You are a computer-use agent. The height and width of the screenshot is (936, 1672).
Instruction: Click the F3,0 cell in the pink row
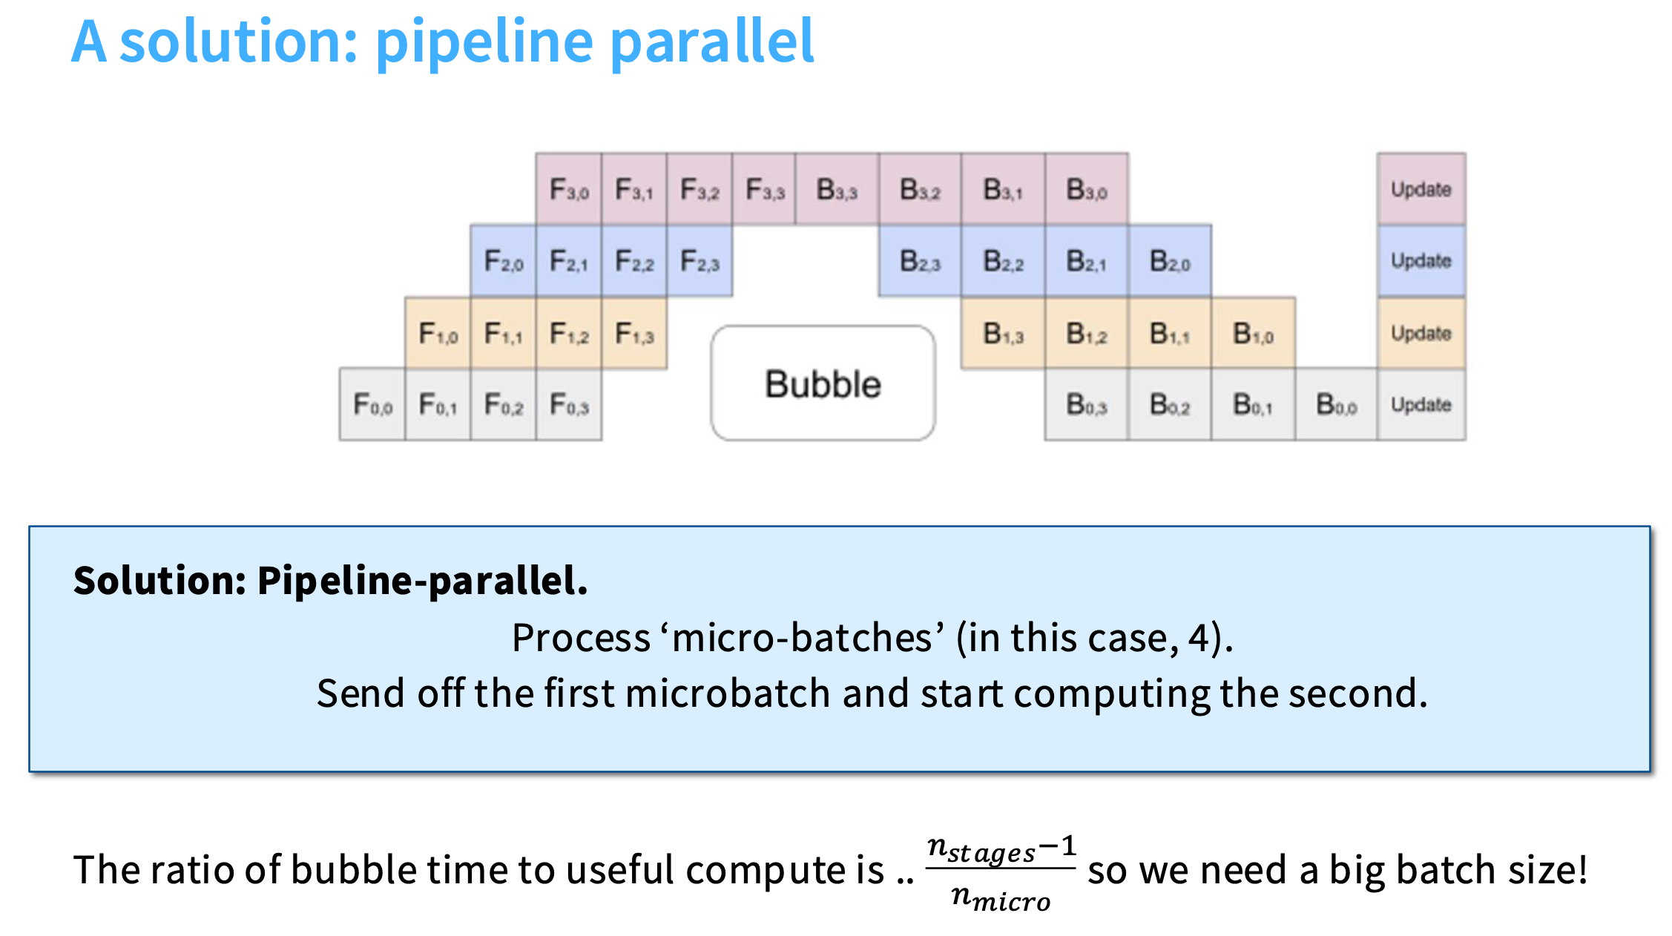point(569,189)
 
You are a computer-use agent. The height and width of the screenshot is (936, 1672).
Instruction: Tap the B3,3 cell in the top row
point(837,189)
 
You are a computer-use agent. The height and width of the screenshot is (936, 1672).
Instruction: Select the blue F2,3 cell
point(700,261)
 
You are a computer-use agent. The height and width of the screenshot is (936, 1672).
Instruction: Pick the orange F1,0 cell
point(438,333)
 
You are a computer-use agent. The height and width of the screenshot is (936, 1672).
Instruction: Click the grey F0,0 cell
point(372,405)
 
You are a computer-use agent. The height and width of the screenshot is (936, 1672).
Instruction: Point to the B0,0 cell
point(1337,405)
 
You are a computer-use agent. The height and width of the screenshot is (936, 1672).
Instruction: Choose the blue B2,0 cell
point(1170,261)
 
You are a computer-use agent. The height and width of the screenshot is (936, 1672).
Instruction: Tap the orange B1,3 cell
point(1003,333)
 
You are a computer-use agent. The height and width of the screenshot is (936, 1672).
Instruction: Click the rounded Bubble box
point(823,383)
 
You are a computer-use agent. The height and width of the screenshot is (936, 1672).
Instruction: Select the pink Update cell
point(1421,189)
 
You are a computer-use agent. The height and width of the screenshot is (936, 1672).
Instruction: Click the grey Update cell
point(1421,405)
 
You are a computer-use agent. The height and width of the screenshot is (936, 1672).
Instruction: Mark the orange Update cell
point(1421,333)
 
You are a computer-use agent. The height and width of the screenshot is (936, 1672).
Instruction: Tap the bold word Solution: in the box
point(159,580)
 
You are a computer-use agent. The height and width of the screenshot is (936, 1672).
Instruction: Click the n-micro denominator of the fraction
point(1001,898)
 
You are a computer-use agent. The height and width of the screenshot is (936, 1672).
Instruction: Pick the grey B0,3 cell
point(1087,405)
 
